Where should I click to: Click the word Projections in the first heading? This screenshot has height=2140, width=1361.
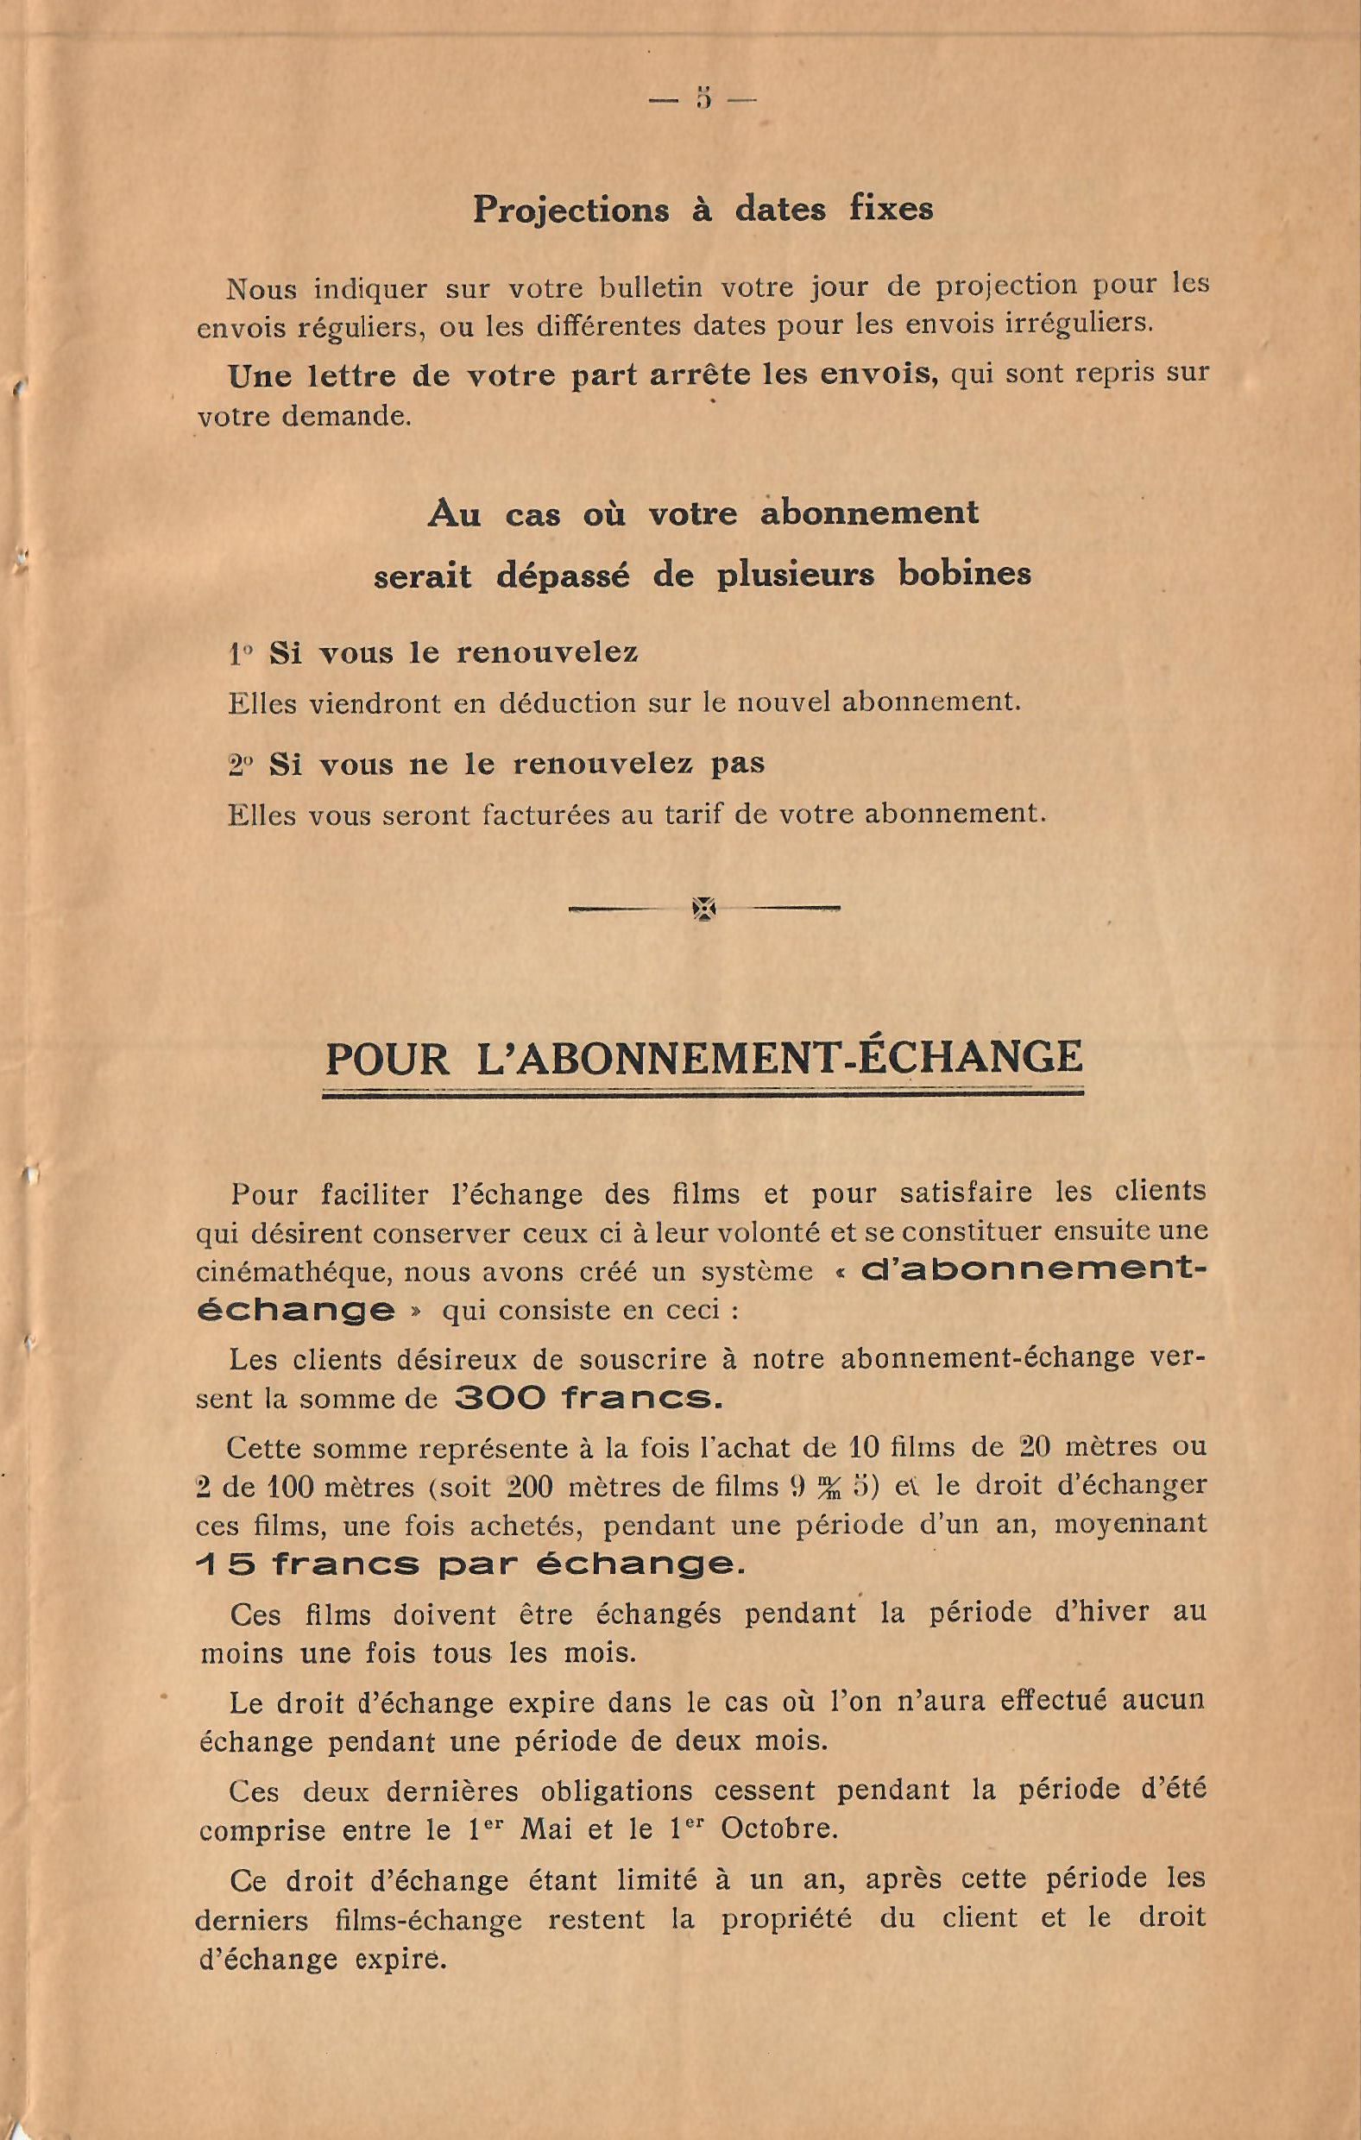point(570,209)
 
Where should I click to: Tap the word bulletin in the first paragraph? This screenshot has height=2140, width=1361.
point(651,287)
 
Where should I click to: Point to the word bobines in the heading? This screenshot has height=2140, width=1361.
point(965,574)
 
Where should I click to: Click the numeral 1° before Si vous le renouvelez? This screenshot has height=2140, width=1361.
point(241,655)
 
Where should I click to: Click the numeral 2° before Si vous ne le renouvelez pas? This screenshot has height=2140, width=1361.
point(241,765)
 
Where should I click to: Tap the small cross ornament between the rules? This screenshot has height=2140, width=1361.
point(703,909)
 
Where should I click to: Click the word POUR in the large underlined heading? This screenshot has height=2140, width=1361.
point(388,1059)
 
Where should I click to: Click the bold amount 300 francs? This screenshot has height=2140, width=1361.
point(589,1400)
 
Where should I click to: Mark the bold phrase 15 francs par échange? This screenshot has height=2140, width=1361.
point(469,1565)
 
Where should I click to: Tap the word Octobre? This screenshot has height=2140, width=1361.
point(778,1829)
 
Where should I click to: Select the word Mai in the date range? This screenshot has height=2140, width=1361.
point(546,1829)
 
